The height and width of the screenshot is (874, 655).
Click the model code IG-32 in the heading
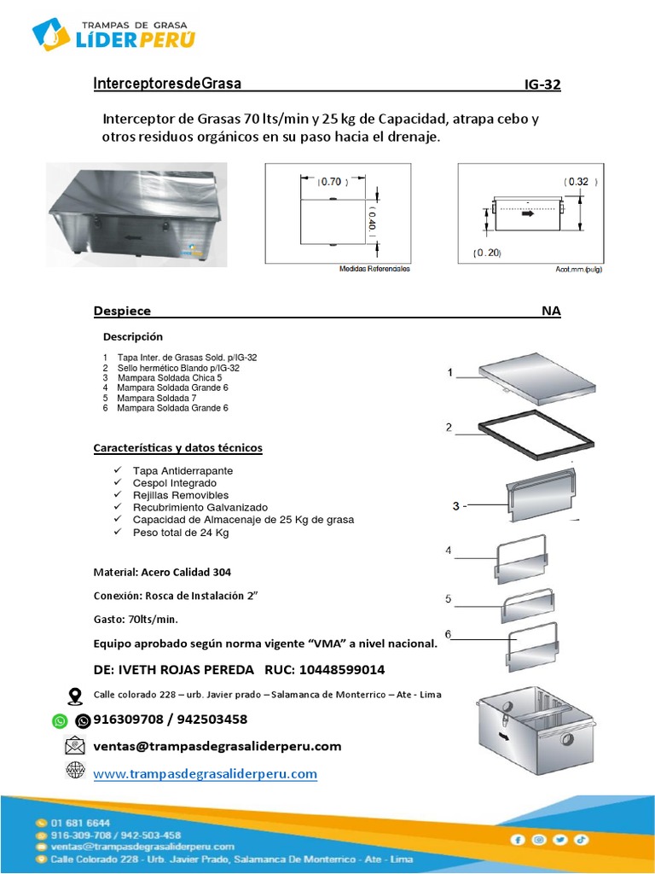click(542, 84)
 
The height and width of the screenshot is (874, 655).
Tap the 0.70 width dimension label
click(330, 182)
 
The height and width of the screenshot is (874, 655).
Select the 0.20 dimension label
click(487, 253)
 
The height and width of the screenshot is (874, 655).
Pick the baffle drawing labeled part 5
click(529, 603)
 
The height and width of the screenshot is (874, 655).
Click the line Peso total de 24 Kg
click(181, 533)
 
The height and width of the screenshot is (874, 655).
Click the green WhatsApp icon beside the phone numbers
click(59, 721)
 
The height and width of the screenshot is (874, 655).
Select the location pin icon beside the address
click(75, 695)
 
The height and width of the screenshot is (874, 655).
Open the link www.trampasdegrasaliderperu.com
click(205, 774)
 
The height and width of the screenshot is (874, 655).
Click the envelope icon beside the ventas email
click(75, 745)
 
